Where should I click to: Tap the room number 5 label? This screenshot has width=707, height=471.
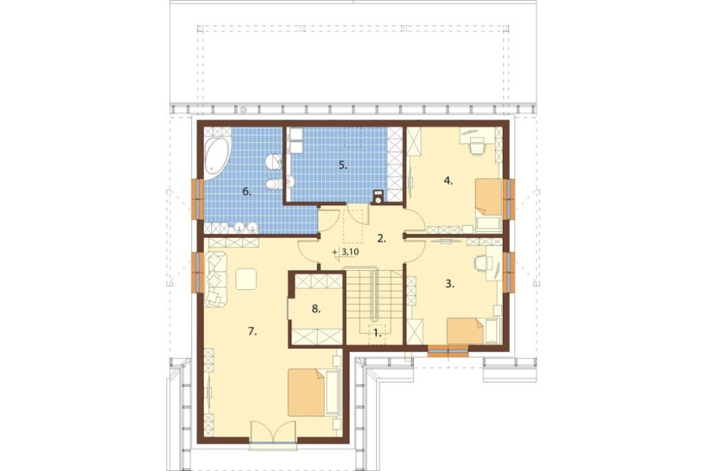click(343, 165)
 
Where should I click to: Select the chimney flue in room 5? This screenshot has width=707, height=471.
click(378, 197)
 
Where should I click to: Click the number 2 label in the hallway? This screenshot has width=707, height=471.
click(382, 238)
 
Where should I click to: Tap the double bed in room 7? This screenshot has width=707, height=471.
click(307, 392)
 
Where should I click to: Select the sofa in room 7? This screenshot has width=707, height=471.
click(216, 280)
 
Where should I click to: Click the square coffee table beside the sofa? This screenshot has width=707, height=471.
click(246, 279)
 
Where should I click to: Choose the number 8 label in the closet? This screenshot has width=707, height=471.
click(316, 309)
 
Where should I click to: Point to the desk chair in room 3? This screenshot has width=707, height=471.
click(482, 263)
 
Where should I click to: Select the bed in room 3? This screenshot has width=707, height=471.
click(466, 331)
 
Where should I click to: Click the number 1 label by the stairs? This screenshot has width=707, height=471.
click(377, 334)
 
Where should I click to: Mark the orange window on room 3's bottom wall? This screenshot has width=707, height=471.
click(448, 351)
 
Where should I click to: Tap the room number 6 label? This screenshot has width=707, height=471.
click(247, 192)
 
